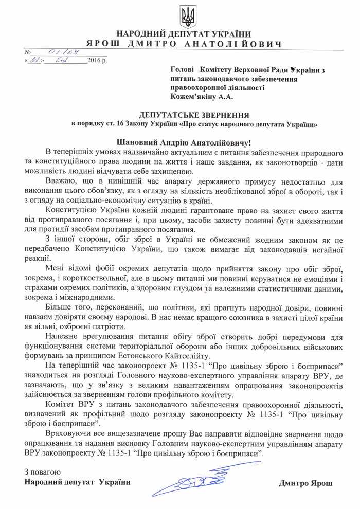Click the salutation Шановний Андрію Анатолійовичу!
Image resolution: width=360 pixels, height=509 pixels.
[x=188, y=141]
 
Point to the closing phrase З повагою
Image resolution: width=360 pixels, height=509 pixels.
[x=43, y=472]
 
